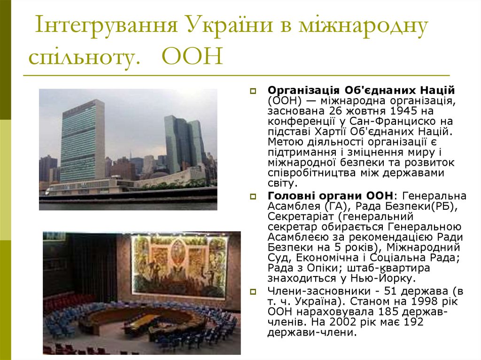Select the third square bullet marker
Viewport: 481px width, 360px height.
252,291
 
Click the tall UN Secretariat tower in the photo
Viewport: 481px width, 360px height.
83,141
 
